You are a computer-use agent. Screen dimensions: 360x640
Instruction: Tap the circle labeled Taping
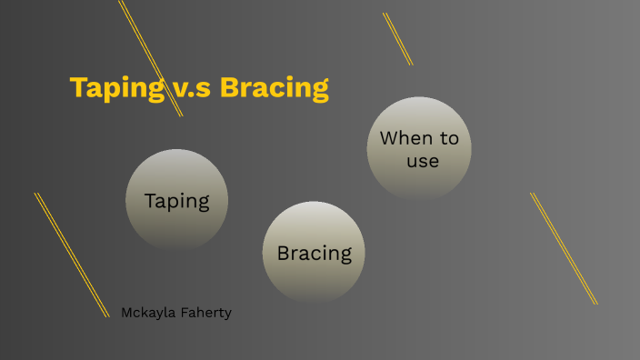point(176,200)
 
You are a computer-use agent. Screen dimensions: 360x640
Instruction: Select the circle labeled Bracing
point(314,253)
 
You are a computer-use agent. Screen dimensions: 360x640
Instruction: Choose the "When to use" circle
point(419,149)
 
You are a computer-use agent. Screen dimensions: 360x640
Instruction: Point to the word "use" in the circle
point(423,162)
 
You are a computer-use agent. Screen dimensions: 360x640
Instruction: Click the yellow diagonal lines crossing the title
point(151,57)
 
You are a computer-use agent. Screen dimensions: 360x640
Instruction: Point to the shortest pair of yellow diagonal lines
point(397,38)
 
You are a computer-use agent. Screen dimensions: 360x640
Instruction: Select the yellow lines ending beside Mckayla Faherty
point(71,254)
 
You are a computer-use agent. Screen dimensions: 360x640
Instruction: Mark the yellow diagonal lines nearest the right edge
point(564,248)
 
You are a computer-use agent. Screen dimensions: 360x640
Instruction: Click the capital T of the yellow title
point(78,88)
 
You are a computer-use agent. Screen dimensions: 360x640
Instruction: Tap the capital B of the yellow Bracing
point(230,88)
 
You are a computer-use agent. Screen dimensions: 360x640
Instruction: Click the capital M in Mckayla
point(127,313)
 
